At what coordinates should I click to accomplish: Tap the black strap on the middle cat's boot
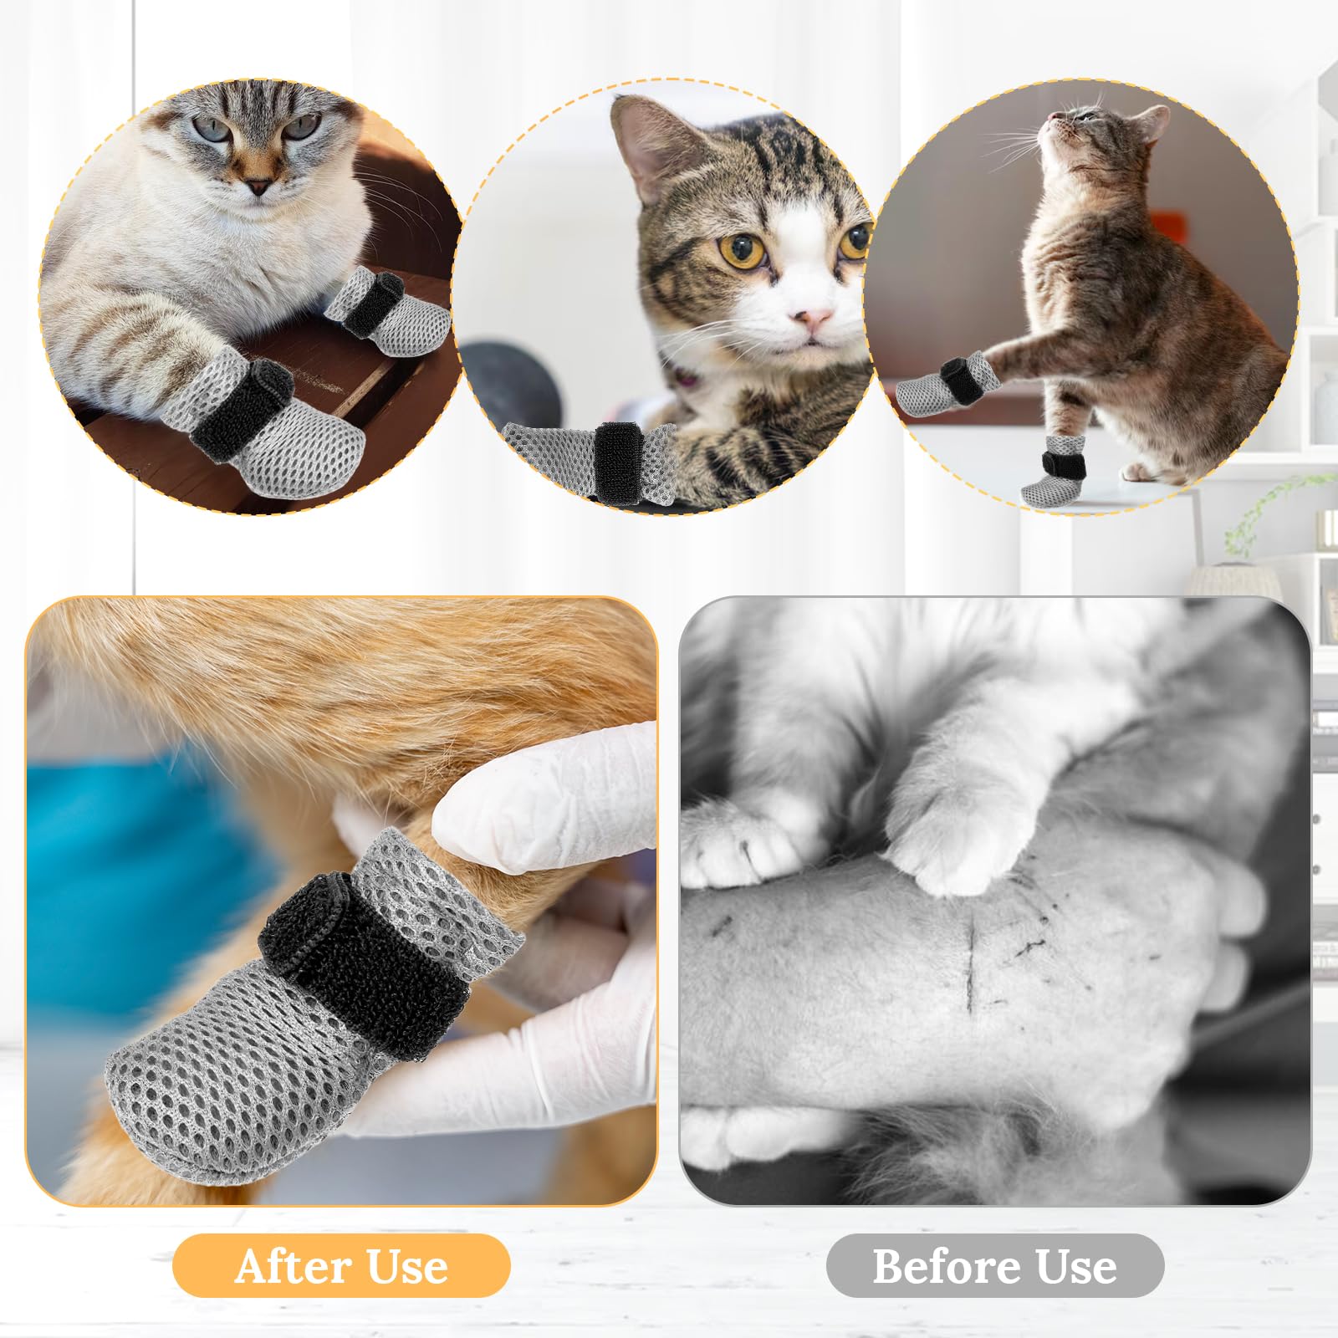coord(616,462)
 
